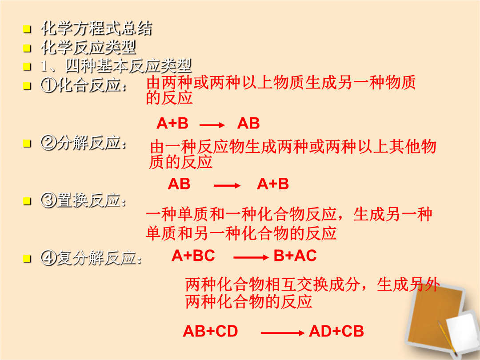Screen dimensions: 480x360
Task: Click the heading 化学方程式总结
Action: [x=97, y=28]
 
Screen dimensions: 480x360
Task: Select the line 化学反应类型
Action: [x=89, y=48]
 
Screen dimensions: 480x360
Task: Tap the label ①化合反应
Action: [x=84, y=85]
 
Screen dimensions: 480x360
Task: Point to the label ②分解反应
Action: [x=84, y=143]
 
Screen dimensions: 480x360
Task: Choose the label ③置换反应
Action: [x=84, y=200]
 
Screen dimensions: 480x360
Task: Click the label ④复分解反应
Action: [x=92, y=258]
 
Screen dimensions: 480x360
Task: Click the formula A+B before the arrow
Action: [x=172, y=124]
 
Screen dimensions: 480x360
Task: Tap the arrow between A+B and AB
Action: [x=212, y=125]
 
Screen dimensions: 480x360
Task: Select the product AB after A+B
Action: [x=248, y=124]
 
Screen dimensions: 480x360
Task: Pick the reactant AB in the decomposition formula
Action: [x=179, y=184]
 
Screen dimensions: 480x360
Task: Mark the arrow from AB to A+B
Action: [x=227, y=185]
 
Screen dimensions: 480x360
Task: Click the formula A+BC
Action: [x=193, y=256]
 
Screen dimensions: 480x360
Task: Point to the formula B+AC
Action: [x=295, y=256]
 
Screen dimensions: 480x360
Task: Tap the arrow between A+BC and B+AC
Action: [x=251, y=257]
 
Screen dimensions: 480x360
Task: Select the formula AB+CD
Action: [x=210, y=331]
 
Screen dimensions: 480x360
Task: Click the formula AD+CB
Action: [x=336, y=331]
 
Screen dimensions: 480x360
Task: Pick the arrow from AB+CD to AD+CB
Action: [x=283, y=333]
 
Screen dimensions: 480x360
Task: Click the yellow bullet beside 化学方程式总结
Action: [x=27, y=29]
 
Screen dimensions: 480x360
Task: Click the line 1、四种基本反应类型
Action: [x=116, y=66]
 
